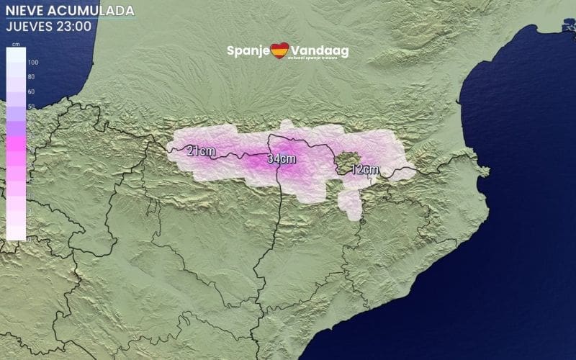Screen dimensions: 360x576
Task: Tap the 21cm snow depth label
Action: tap(201, 151)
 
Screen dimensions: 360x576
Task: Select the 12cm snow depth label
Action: tap(365, 170)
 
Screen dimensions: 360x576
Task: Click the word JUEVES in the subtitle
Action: tap(29, 26)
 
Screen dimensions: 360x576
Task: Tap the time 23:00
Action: tap(74, 26)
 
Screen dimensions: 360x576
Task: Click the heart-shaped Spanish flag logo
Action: tap(279, 50)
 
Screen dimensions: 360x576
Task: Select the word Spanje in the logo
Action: tap(248, 51)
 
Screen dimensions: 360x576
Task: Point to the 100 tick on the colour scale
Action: tap(32, 63)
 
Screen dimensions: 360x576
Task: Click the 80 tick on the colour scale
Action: tap(32, 77)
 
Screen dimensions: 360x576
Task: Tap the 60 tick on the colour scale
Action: tap(32, 92)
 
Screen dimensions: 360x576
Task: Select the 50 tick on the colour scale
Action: tap(32, 107)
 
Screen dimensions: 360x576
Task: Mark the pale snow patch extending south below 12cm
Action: tap(351, 204)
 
